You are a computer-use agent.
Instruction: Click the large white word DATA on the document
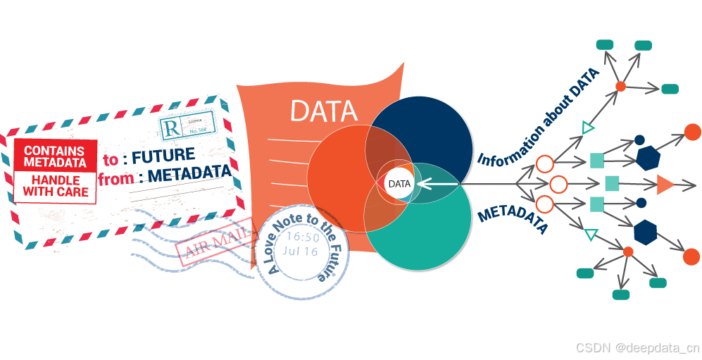pyautogui.click(x=325, y=111)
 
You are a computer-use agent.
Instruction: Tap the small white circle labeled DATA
pyautogui.click(x=399, y=184)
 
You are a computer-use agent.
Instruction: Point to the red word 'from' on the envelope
pyautogui.click(x=116, y=178)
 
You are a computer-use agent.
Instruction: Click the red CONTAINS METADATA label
pyautogui.click(x=55, y=156)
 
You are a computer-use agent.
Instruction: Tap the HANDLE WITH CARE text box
pyautogui.click(x=56, y=186)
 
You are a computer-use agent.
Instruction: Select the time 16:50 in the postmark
pyautogui.click(x=303, y=237)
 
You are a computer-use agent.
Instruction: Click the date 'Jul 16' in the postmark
pyautogui.click(x=302, y=251)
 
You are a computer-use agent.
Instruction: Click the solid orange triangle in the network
pyautogui.click(x=664, y=185)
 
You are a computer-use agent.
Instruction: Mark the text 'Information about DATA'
pyautogui.click(x=539, y=118)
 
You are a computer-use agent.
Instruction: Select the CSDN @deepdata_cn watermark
pyautogui.click(x=637, y=347)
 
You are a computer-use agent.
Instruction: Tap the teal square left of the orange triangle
pyautogui.click(x=612, y=184)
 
